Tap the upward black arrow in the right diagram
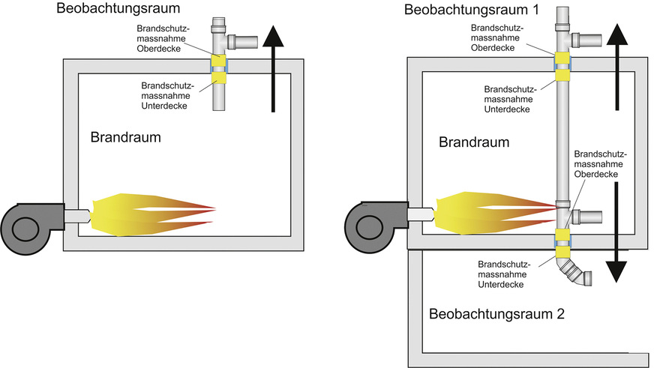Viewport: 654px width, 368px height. tap(616, 67)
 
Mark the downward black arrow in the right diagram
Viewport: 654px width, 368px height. tap(616, 232)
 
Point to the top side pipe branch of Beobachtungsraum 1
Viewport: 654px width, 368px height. tap(588, 38)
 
